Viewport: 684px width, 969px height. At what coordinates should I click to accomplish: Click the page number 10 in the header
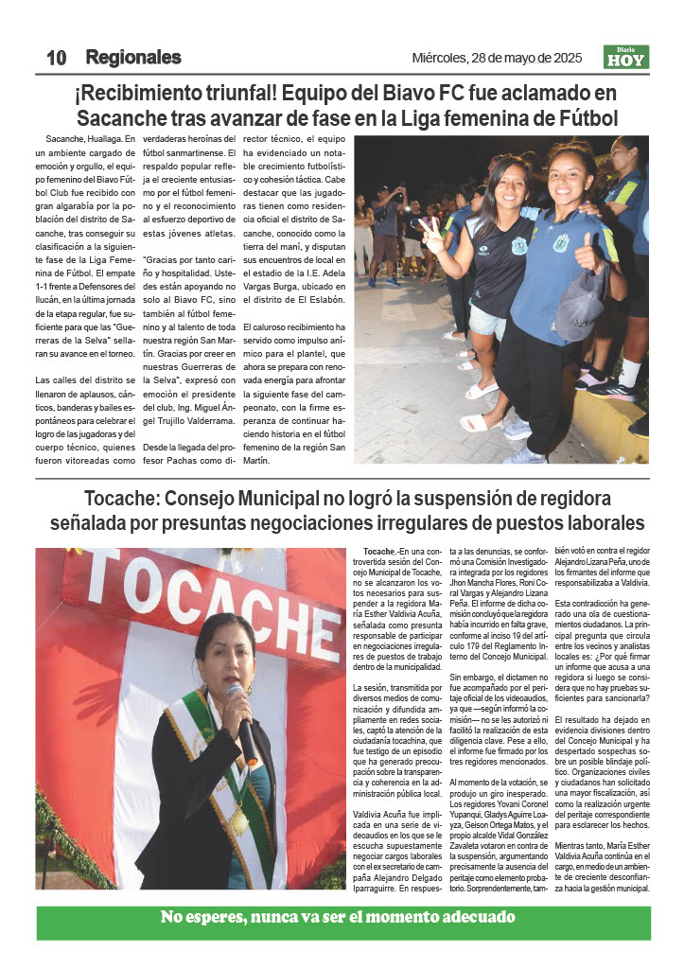[56, 58]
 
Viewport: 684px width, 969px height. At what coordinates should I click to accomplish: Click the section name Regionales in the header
[132, 58]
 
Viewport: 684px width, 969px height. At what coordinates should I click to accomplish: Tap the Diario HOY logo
[626, 58]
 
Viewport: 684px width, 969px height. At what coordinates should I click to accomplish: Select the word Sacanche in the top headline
[121, 119]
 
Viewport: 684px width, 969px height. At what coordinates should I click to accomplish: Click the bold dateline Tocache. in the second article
[379, 551]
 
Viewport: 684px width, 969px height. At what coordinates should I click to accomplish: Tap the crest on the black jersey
[519, 246]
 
